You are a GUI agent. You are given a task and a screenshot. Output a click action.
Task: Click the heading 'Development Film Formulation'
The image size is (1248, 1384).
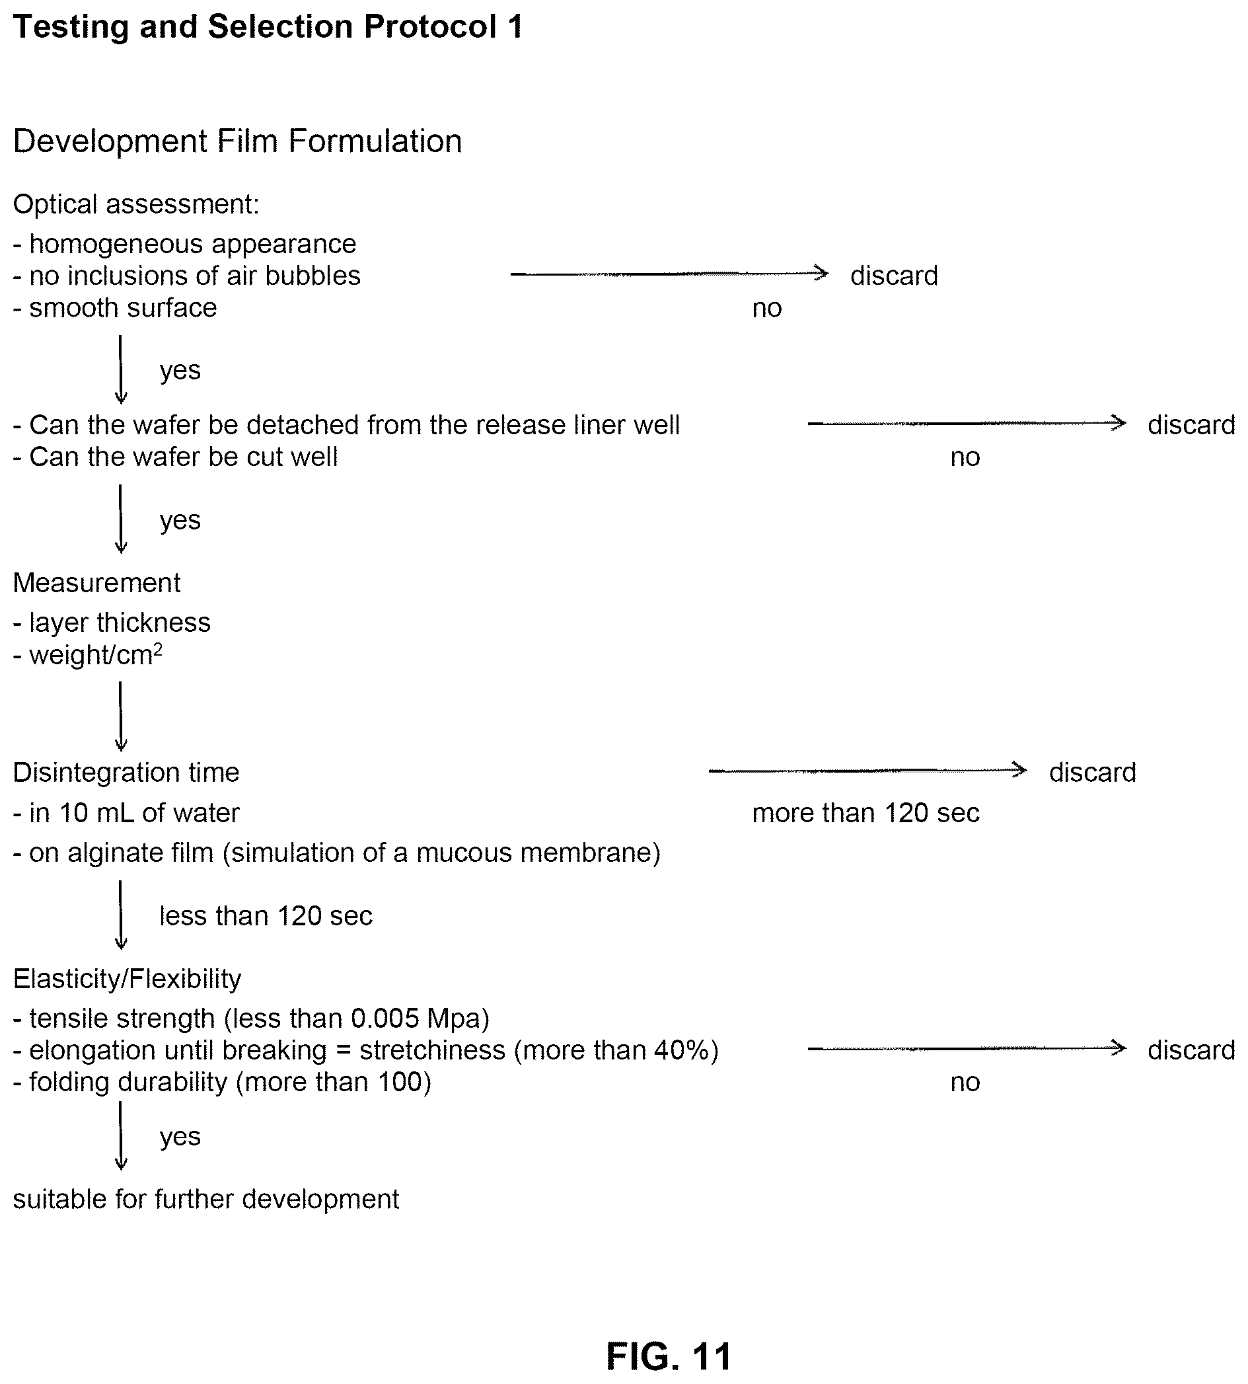237,141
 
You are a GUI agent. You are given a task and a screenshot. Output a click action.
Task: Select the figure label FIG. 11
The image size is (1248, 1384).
669,1356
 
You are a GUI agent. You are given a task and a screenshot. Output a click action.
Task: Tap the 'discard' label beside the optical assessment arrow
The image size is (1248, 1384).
894,276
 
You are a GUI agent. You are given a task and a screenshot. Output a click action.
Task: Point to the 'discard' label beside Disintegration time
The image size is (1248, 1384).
1093,772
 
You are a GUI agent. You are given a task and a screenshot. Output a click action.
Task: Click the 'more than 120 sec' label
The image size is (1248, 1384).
865,813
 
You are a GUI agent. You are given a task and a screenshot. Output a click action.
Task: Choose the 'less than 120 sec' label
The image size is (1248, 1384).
266,915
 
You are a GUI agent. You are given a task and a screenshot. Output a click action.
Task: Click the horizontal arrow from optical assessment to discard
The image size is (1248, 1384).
669,274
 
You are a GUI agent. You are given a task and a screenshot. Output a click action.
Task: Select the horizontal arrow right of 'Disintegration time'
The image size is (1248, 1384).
867,771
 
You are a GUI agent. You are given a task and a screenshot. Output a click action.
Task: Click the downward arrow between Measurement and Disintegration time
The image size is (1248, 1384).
121,716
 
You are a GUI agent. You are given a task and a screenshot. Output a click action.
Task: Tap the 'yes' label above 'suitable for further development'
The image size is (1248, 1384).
180,1136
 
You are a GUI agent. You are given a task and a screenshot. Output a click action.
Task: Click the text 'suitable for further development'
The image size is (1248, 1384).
205,1199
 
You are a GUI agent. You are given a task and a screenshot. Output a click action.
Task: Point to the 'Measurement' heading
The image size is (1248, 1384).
96,583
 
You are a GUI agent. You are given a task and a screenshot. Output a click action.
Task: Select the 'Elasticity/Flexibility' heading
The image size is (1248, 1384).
127,979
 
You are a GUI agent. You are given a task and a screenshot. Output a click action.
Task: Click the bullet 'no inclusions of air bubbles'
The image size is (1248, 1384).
186,276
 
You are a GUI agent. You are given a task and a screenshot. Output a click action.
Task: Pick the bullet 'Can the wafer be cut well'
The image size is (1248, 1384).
176,457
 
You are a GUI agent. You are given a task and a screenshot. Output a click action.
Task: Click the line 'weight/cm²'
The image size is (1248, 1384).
88,654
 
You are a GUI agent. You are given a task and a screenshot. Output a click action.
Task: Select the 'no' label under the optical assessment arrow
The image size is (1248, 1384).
767,309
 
